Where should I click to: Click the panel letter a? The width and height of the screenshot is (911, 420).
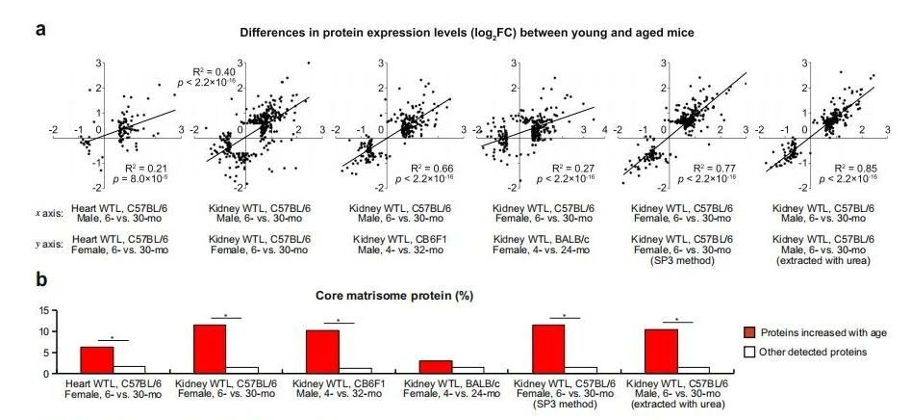click(x=41, y=30)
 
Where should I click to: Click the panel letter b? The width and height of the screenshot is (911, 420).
click(x=41, y=280)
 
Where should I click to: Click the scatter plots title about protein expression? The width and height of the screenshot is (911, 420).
click(x=470, y=32)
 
